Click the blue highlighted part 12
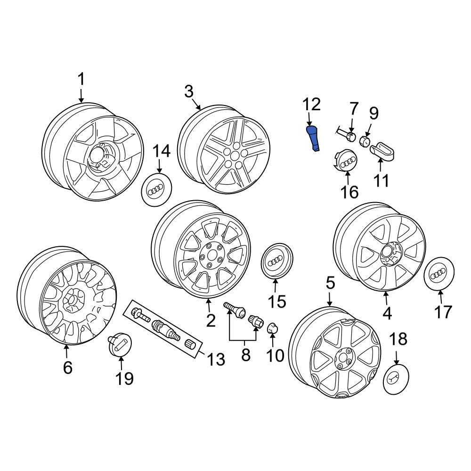(313, 138)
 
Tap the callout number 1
(81, 80)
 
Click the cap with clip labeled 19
(120, 344)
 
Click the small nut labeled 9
(365, 141)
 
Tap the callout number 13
(216, 359)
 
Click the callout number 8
(245, 355)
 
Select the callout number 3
(188, 91)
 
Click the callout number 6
(67, 367)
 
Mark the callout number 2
(211, 320)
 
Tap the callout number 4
(387, 313)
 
